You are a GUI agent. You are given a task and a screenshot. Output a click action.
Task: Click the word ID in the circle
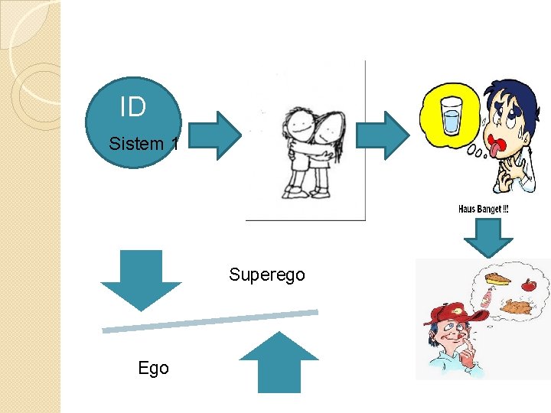(133, 107)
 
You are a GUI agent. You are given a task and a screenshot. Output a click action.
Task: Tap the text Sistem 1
(144, 144)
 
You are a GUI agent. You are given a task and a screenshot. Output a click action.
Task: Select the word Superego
(266, 275)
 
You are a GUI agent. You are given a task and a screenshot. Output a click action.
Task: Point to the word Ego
(153, 368)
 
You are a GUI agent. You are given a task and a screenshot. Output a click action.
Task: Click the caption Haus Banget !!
(483, 210)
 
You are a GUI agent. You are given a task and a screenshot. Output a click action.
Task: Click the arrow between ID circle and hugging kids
(215, 135)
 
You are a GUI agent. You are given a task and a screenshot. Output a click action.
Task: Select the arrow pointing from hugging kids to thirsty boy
(395, 135)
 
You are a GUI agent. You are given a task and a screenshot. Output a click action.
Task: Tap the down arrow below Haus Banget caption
(487, 237)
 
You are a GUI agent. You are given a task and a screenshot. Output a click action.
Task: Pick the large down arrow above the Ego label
(142, 278)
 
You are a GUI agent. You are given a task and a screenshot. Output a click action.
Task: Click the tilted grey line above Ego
(210, 320)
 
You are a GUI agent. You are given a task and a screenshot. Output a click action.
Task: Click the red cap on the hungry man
(448, 312)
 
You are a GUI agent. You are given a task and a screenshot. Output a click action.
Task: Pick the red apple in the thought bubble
(528, 286)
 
